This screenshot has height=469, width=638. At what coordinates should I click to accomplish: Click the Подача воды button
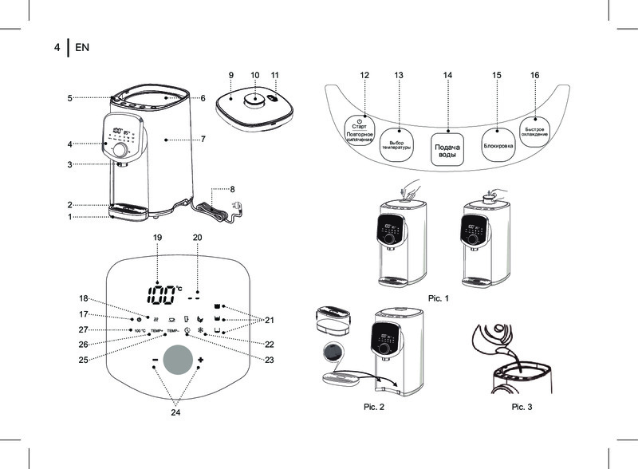[447, 149]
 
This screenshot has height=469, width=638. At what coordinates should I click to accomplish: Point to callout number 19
[157, 238]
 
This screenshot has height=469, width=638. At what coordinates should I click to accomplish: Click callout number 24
[175, 414]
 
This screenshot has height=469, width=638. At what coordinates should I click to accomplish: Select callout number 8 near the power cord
[232, 189]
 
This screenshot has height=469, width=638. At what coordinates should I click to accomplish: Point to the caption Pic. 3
[522, 407]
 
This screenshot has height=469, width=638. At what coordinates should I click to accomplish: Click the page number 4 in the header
[57, 47]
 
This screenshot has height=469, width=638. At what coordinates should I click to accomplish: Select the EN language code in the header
[81, 47]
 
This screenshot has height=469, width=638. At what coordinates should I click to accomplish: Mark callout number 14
[448, 75]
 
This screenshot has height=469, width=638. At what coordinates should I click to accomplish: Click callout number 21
[269, 320]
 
